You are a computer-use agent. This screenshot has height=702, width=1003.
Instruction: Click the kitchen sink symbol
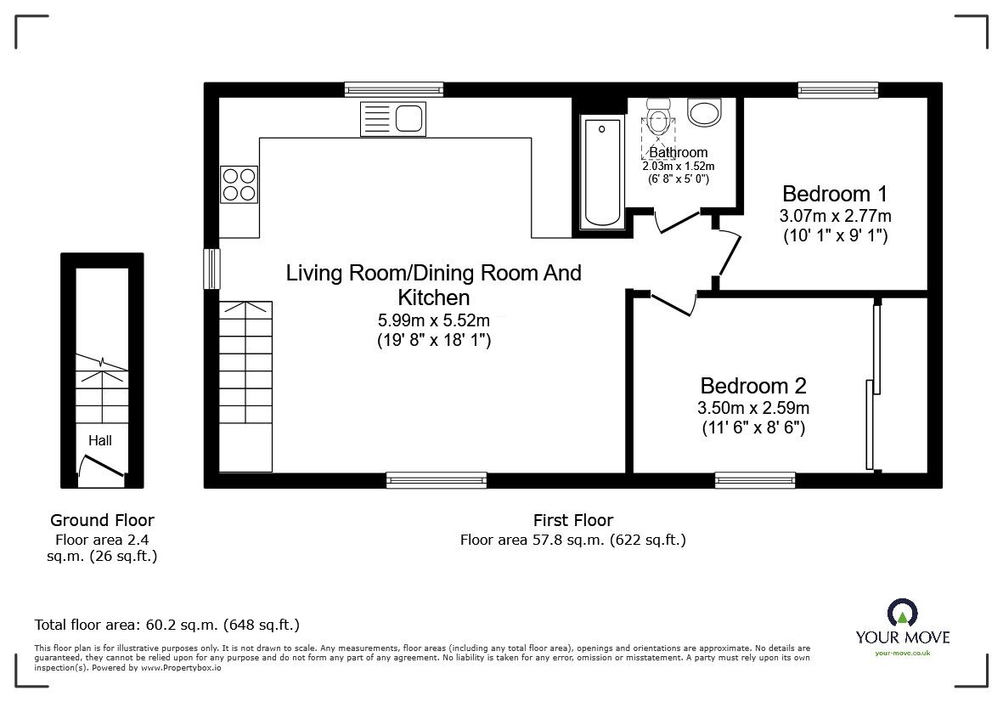(x=393, y=117)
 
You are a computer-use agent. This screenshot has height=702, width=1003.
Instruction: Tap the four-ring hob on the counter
(x=239, y=184)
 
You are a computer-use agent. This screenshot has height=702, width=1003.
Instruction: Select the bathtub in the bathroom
(x=601, y=172)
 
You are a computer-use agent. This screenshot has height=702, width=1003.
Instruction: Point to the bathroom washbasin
(x=704, y=111)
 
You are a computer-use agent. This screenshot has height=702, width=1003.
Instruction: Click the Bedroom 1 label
(x=826, y=193)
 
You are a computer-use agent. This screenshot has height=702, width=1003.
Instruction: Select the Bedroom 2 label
(x=752, y=385)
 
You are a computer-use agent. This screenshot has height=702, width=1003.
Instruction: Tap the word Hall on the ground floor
(x=100, y=440)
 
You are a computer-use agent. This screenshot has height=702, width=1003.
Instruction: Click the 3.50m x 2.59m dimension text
(x=753, y=409)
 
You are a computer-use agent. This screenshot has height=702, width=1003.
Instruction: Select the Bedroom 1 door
(x=728, y=252)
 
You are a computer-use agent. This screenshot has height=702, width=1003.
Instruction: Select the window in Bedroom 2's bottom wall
(x=755, y=480)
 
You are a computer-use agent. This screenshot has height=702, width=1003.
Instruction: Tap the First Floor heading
(x=572, y=520)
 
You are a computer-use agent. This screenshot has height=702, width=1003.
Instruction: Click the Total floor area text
(x=166, y=625)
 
